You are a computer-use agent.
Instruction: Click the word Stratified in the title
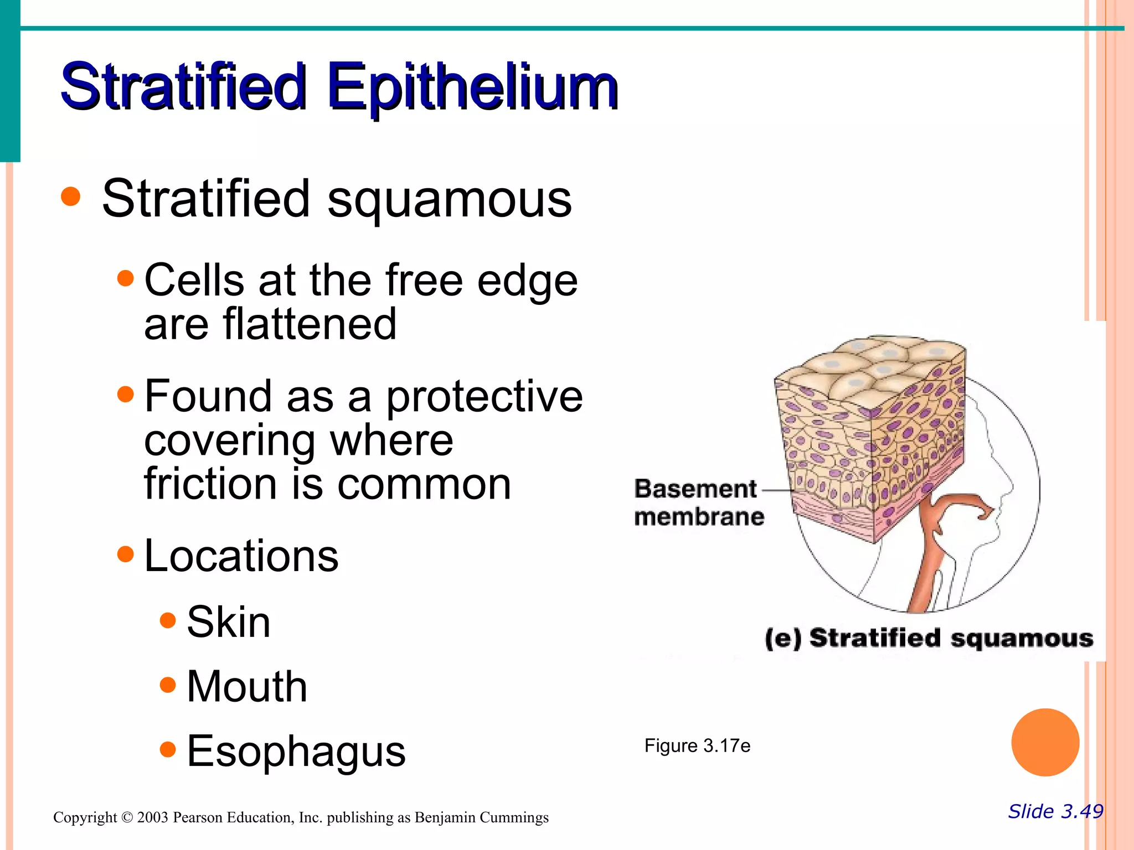(183, 87)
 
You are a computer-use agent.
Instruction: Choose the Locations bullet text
(241, 556)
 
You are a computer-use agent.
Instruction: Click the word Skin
(228, 622)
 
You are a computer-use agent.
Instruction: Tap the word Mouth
(246, 687)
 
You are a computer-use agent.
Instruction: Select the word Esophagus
(296, 751)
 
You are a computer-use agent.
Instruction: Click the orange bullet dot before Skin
(167, 620)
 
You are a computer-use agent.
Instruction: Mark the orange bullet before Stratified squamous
(71, 196)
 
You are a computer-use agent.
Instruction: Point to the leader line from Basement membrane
(778, 490)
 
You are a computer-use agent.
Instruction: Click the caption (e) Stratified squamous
(929, 638)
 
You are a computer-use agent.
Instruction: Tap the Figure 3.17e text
(697, 746)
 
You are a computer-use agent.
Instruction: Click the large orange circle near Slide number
(1045, 742)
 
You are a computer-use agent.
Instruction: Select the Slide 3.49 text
(1055, 811)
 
